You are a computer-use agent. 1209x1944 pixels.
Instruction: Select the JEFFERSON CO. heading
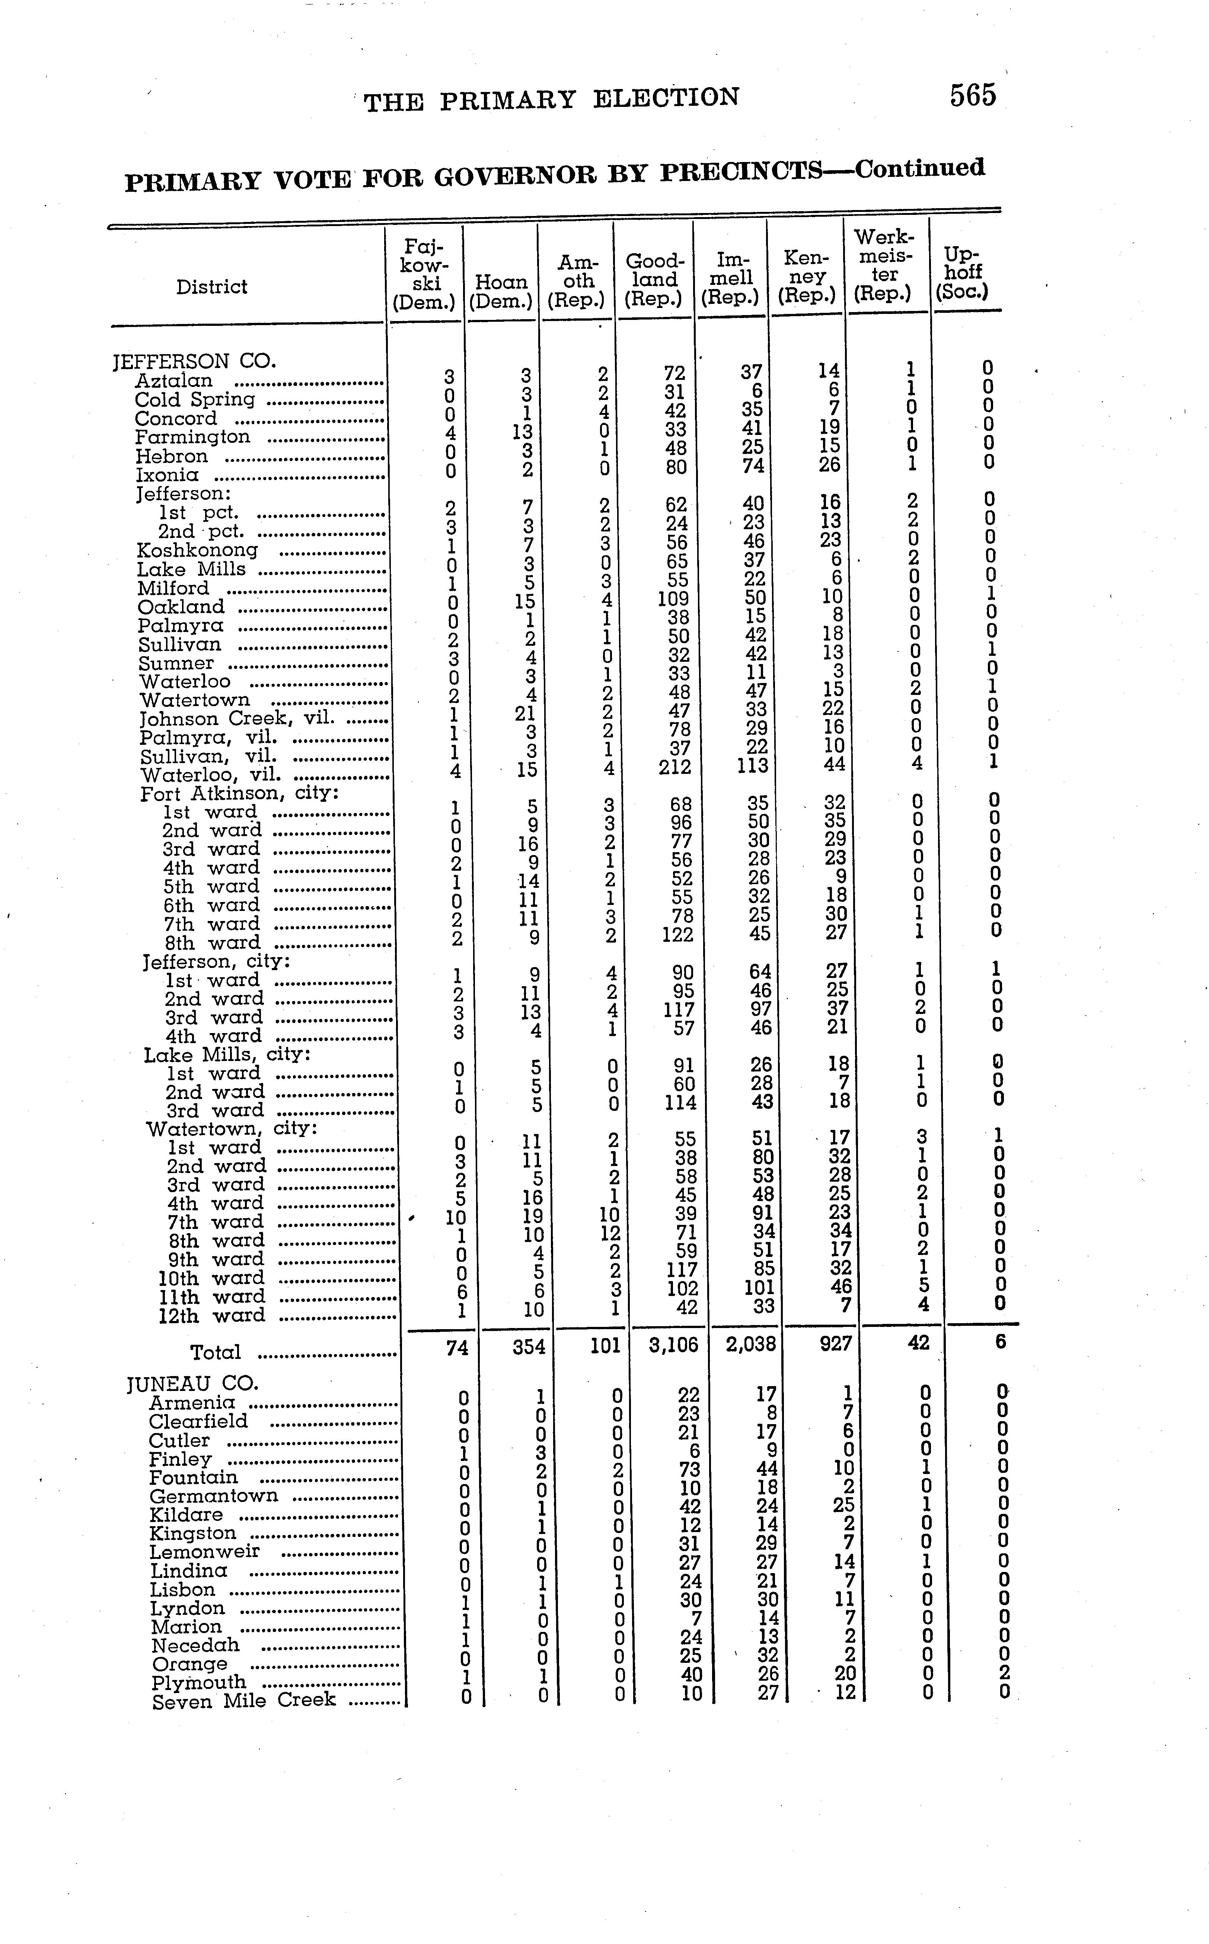click(x=194, y=362)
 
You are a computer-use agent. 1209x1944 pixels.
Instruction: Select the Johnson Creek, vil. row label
click(x=237, y=718)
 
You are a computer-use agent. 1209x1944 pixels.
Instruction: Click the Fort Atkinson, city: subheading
click(x=240, y=794)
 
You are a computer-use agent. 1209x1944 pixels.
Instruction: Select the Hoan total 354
click(x=529, y=1347)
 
